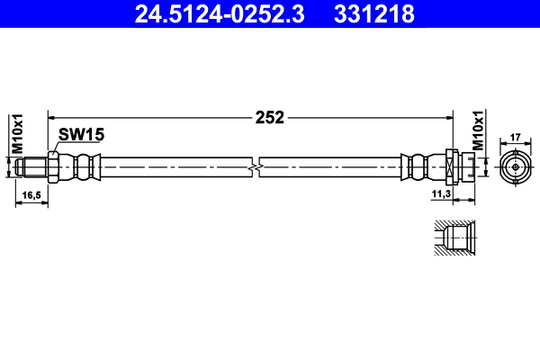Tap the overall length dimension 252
click(x=269, y=117)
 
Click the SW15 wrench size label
click(x=82, y=135)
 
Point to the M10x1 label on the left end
click(x=15, y=132)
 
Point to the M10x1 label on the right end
click(x=479, y=132)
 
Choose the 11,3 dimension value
click(x=441, y=193)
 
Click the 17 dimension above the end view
click(x=515, y=138)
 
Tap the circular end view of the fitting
click(x=515, y=166)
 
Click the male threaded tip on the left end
click(x=32, y=166)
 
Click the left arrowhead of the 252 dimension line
click(x=52, y=117)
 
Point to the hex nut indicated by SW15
click(x=54, y=166)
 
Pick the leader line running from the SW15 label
click(x=57, y=147)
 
